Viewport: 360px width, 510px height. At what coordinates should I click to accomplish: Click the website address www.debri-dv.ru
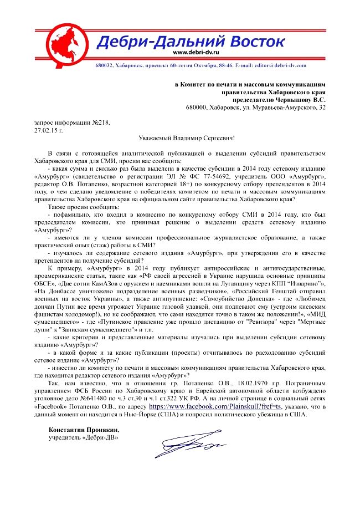197,52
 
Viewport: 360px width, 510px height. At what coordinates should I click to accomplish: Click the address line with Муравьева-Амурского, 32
256,107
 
